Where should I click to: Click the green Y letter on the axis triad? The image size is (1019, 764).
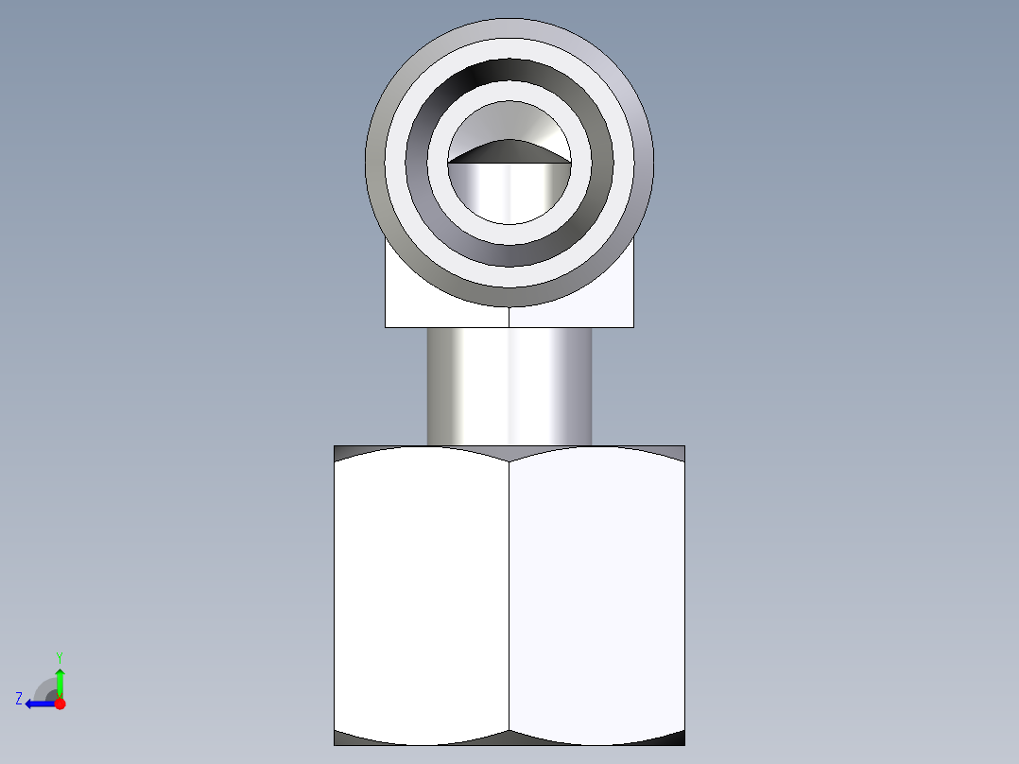59,656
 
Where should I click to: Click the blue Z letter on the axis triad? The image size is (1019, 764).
19,699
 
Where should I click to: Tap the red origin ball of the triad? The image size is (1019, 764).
60,703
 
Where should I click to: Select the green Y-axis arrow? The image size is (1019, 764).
60,681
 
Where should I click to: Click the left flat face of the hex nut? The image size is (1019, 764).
422,596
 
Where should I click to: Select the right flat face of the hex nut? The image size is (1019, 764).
596,596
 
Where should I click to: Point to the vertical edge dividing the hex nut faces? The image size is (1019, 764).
509,596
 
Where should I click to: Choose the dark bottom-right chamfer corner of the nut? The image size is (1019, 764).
677,739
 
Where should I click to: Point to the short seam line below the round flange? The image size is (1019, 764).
509,318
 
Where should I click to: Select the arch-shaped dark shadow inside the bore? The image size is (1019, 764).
509,151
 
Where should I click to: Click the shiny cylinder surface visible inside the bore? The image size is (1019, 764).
509,194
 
